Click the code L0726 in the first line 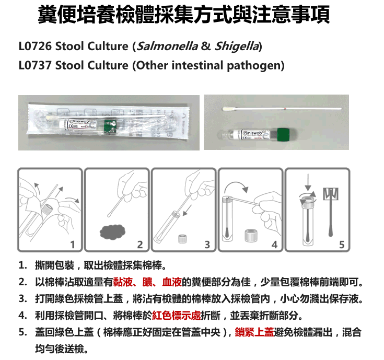[x=35, y=46]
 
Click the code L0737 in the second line [x=35, y=65]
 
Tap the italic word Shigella [x=237, y=47]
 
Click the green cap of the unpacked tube [x=283, y=134]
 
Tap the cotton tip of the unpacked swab [x=228, y=109]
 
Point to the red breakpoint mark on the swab [x=285, y=108]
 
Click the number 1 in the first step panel [x=73, y=245]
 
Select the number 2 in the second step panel [x=140, y=245]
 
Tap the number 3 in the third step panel [x=207, y=245]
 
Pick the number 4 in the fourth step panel [x=274, y=245]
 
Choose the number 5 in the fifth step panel [x=342, y=245]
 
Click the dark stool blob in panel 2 [x=113, y=231]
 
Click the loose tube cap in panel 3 [x=182, y=239]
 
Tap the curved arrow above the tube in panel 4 [x=236, y=183]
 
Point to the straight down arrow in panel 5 [x=308, y=182]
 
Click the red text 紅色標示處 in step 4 [x=177, y=316]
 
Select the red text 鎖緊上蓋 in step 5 [x=254, y=332]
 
